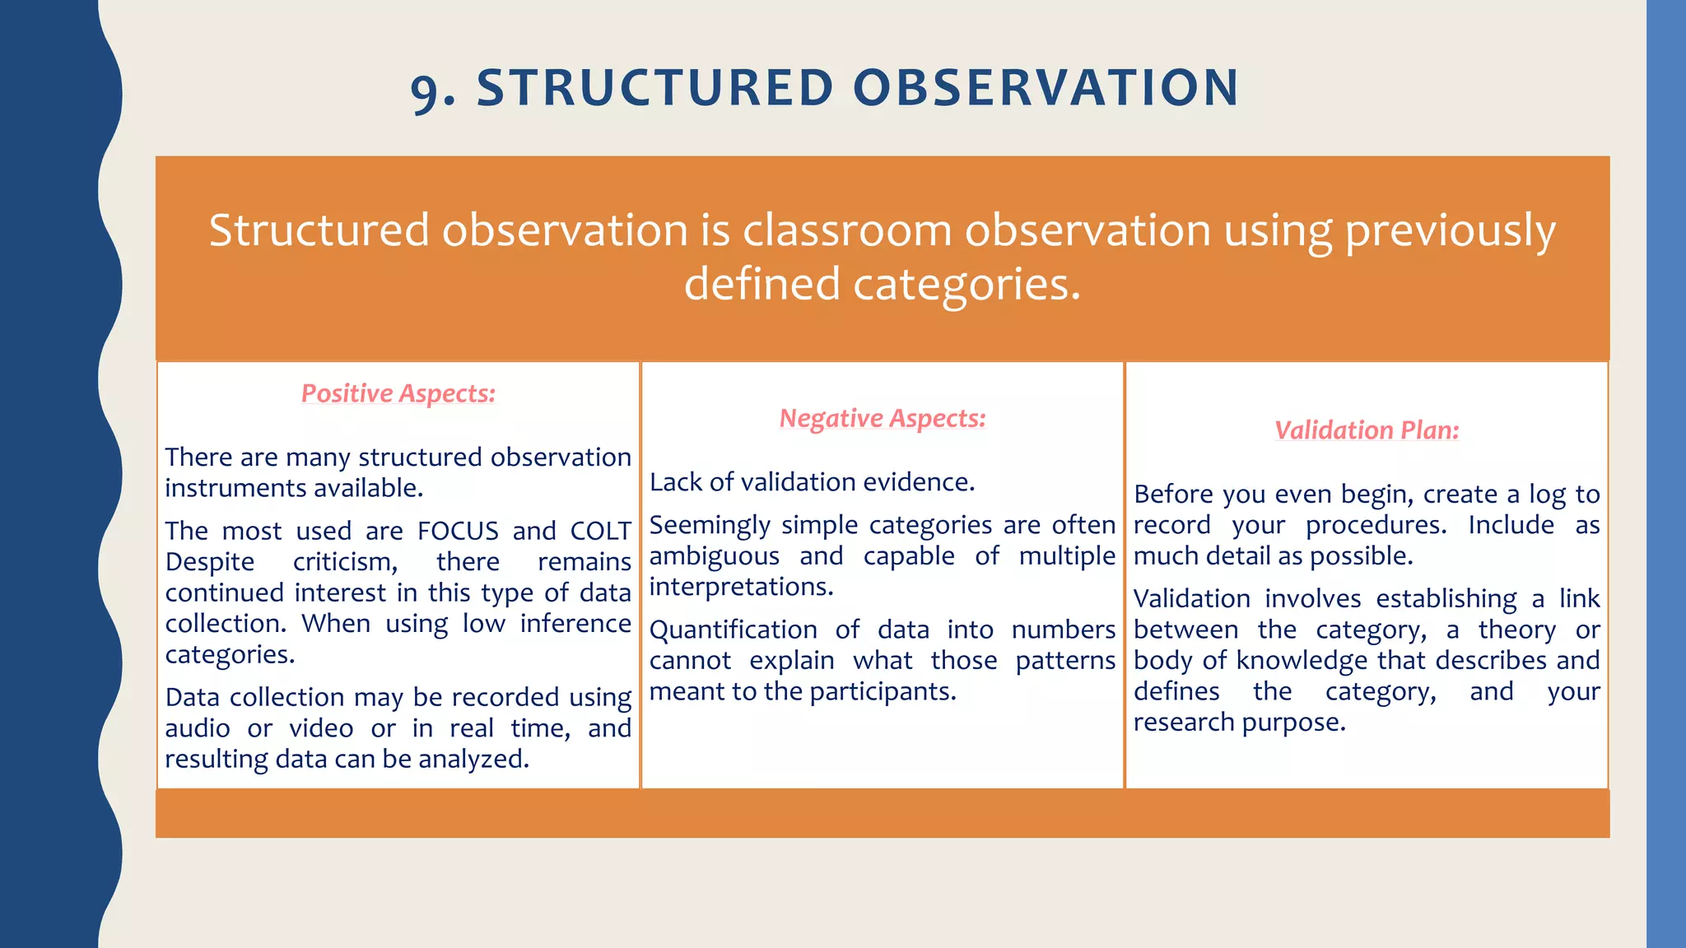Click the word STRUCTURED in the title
655,88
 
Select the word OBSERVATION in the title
1046,88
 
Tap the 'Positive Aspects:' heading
398,393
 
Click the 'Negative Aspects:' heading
882,418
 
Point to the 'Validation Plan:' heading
1366,430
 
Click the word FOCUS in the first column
458,531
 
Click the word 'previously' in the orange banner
1450,231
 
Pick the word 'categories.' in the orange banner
966,286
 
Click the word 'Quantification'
733,630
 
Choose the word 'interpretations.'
741,587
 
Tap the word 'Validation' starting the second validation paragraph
1191,599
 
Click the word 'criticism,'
345,562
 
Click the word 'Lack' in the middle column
675,482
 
